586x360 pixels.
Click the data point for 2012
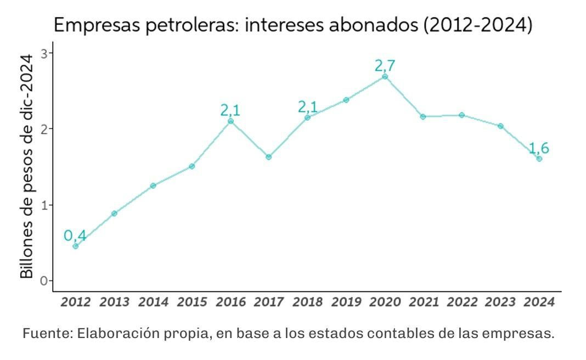click(76, 246)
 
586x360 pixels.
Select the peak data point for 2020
click(385, 76)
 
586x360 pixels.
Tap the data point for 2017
click(269, 157)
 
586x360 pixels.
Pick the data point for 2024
click(539, 159)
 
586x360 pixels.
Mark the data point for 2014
click(153, 185)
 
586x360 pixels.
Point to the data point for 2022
click(461, 115)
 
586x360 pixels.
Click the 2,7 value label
click(385, 66)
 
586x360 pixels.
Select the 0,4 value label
click(75, 236)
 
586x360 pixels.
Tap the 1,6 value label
click(538, 148)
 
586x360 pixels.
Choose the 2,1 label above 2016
click(230, 110)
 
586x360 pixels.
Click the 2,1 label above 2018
click(308, 107)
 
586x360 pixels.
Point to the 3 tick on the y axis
click(44, 53)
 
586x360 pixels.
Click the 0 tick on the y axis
click(44, 281)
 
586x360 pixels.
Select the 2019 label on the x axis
click(346, 302)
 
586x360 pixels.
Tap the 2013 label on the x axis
click(115, 302)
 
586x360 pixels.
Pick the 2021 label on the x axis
click(423, 302)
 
